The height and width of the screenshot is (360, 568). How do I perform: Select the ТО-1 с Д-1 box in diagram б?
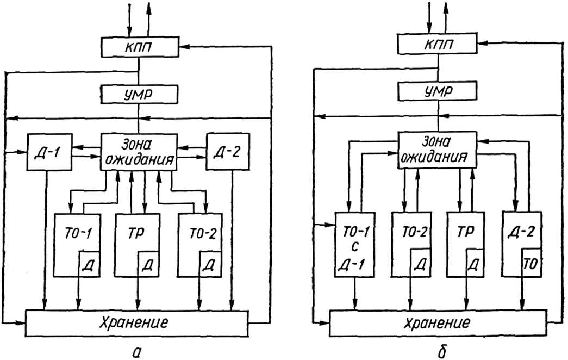click(353, 250)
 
